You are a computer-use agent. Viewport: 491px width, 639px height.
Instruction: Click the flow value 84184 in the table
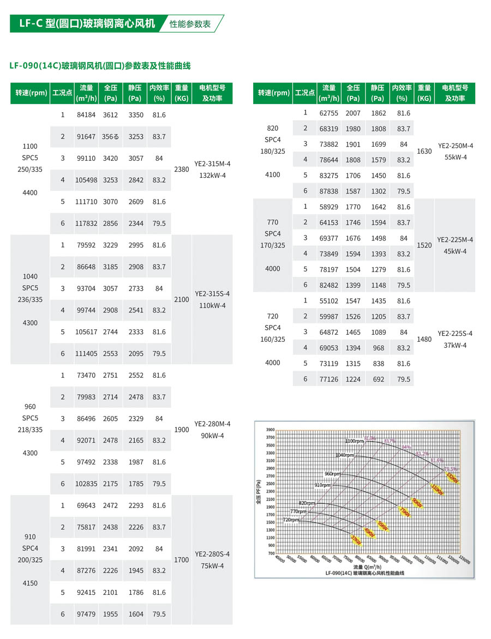click(86, 115)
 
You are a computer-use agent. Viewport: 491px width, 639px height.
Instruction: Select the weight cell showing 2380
click(181, 169)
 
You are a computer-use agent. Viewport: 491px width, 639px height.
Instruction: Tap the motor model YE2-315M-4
click(212, 164)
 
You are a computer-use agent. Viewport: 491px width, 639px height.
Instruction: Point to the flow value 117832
click(86, 224)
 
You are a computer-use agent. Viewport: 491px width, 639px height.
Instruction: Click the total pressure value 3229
click(111, 245)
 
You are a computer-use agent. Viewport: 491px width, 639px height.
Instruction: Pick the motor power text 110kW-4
click(212, 305)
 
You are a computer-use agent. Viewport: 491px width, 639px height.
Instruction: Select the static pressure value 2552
click(136, 375)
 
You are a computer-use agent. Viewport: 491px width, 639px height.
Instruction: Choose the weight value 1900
click(181, 430)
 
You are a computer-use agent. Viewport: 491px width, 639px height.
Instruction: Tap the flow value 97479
click(86, 614)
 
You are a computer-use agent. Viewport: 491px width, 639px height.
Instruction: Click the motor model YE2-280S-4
click(212, 554)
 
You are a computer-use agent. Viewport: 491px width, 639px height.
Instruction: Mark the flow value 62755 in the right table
click(329, 113)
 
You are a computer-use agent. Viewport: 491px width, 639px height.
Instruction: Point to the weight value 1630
click(424, 152)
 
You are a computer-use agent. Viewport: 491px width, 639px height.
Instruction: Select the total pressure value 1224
click(354, 379)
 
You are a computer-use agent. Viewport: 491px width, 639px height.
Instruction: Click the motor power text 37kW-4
click(455, 345)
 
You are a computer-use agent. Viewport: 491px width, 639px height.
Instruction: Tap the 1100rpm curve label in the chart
click(354, 441)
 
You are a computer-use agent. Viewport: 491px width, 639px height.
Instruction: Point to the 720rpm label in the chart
click(291, 520)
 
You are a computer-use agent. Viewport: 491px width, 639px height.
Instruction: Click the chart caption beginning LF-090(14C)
click(365, 573)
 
